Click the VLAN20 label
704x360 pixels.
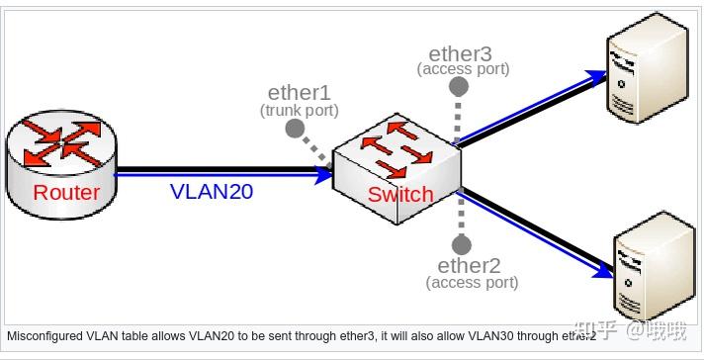click(211, 192)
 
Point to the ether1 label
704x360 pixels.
click(299, 93)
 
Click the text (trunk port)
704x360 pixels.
click(299, 110)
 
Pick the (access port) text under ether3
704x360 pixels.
click(463, 69)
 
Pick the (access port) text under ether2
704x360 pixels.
click(472, 283)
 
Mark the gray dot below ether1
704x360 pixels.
click(294, 129)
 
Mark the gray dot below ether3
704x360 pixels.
click(458, 87)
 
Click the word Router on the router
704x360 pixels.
click(66, 192)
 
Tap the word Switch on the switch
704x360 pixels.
click(399, 194)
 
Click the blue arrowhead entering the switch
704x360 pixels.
click(324, 175)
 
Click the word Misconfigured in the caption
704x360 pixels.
click(39, 335)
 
